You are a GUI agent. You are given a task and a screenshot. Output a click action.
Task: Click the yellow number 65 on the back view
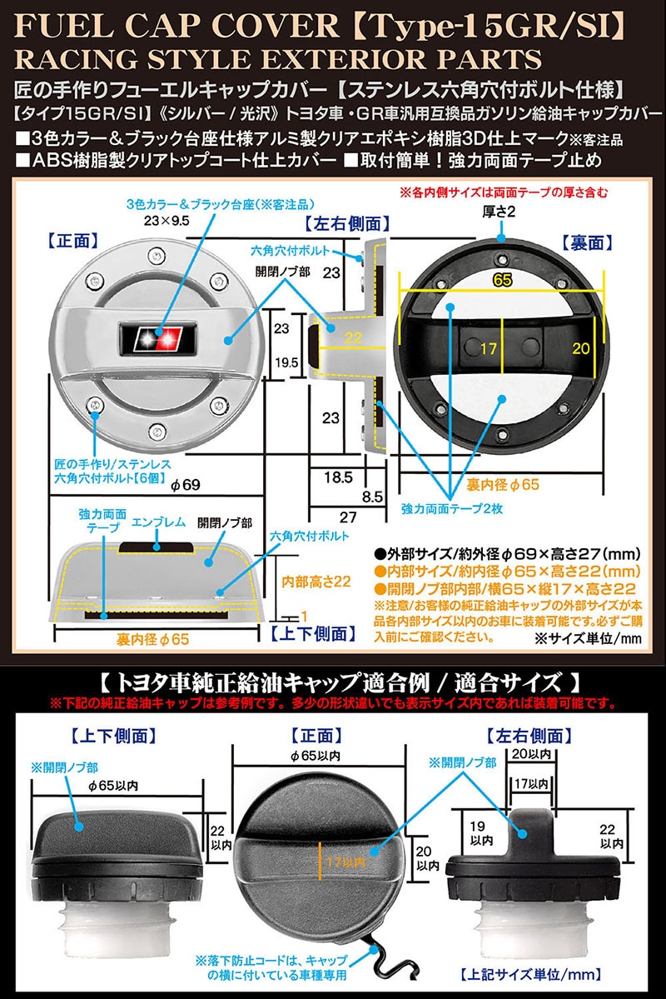pyautogui.click(x=501, y=281)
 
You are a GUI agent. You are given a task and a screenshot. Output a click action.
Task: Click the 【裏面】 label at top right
pyautogui.click(x=588, y=242)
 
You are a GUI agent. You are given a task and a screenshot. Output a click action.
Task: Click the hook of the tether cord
pyautogui.click(x=382, y=947)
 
